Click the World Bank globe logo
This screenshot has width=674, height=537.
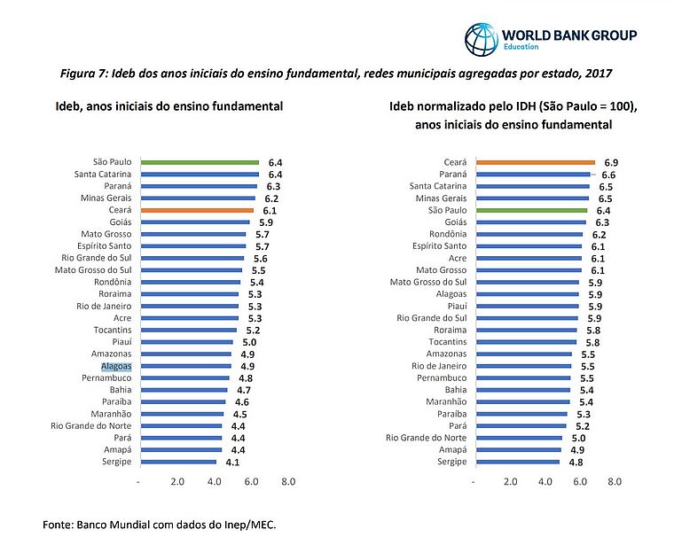point(482,38)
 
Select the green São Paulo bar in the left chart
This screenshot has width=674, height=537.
point(199,162)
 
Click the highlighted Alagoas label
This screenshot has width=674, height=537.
point(115,365)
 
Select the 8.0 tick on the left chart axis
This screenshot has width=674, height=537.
point(287,482)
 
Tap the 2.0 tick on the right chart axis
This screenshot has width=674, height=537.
point(511,482)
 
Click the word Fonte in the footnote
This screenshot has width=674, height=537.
point(59,525)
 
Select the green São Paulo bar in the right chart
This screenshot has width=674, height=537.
point(530,210)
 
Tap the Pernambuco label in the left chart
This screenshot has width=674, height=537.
point(106,377)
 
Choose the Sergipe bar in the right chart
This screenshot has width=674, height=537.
point(517,462)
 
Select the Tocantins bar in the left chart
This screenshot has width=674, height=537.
point(187,330)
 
